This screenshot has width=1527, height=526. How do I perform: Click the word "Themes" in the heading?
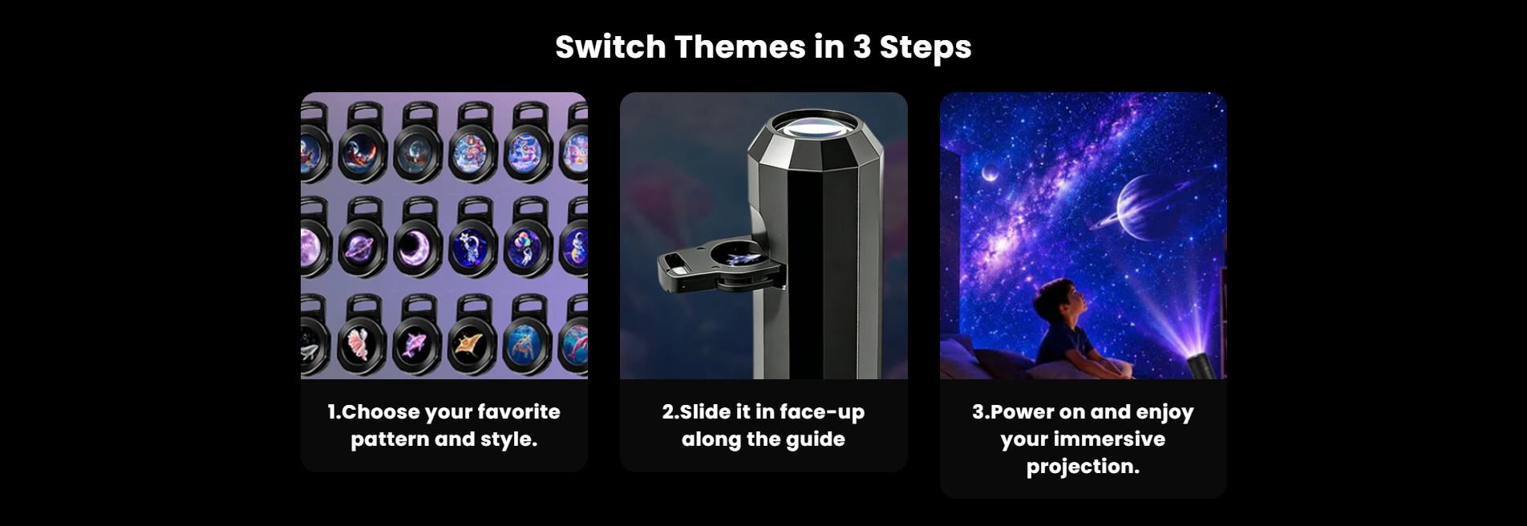[x=739, y=47]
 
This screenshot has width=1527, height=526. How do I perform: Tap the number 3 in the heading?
[x=862, y=47]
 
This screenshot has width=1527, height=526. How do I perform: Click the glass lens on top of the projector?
[x=815, y=127]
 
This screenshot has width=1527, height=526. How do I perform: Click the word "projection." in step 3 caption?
[x=1083, y=467]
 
